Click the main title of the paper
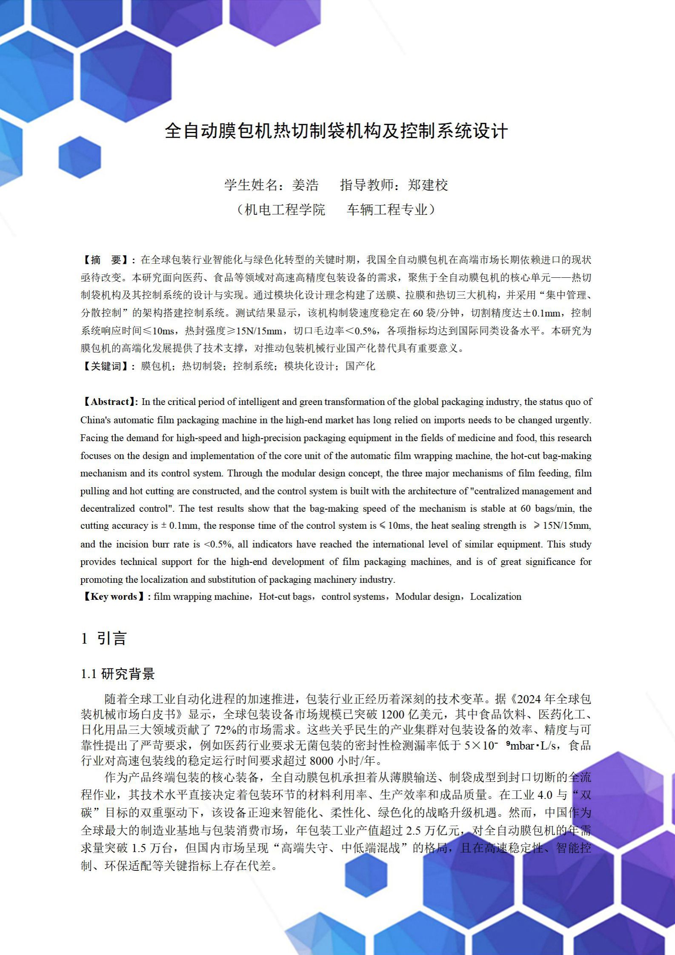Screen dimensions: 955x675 (336, 131)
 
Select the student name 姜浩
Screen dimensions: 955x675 (305, 185)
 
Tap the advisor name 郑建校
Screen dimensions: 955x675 (428, 185)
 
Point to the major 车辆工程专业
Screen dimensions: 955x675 (387, 210)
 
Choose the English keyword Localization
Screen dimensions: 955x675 (495, 596)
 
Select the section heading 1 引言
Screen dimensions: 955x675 (104, 639)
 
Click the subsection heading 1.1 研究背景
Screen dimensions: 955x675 (118, 674)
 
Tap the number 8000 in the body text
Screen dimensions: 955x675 (322, 761)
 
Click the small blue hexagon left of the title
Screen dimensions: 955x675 (80, 157)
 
